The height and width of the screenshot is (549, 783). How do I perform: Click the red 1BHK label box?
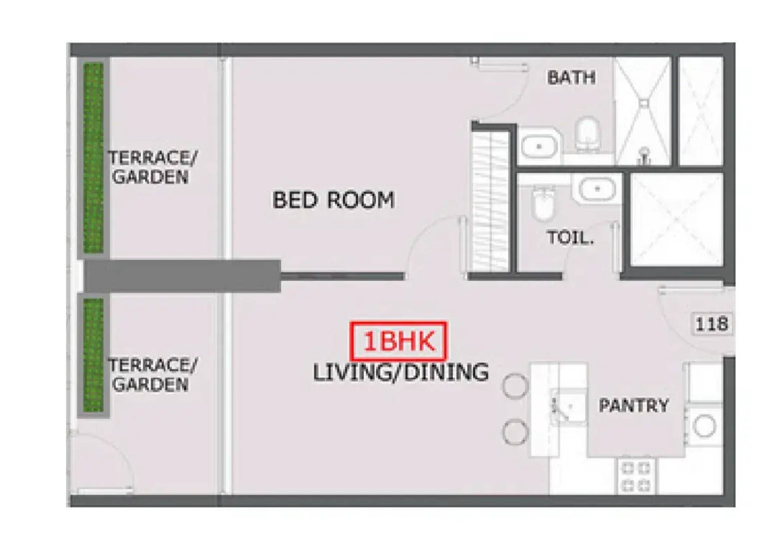point(398,341)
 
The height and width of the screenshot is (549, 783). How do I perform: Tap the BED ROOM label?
point(334,200)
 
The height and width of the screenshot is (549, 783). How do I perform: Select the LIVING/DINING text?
point(400,372)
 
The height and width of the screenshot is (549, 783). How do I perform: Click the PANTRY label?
point(634,405)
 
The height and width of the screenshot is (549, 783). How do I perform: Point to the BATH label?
point(571,77)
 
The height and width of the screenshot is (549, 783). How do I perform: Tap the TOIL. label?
point(570,238)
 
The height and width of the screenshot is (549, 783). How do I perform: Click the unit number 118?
point(712,324)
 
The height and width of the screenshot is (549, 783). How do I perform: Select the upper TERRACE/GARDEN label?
point(153,167)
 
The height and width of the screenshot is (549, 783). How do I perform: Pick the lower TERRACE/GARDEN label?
point(153,375)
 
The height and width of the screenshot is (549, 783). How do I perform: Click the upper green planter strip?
point(93,158)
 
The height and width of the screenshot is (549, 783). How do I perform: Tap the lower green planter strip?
point(93,355)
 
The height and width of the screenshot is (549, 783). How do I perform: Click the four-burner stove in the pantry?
point(636,477)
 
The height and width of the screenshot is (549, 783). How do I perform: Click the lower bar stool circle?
point(515,432)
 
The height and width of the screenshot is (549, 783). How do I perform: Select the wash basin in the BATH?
point(539,146)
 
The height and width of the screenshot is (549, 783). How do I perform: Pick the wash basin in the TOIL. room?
point(597,189)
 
